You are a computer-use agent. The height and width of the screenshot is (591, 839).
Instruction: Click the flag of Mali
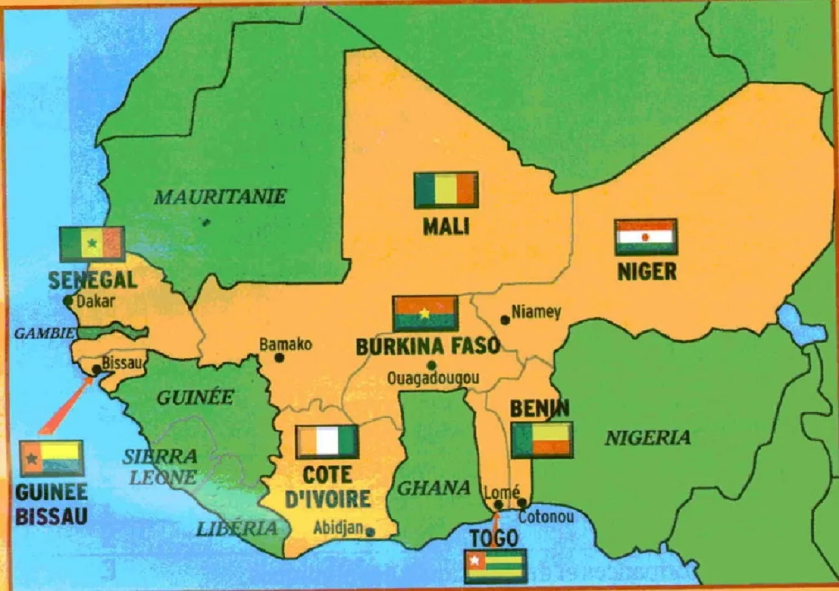[x=446, y=190]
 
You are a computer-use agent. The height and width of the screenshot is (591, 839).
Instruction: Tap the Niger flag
[x=645, y=237]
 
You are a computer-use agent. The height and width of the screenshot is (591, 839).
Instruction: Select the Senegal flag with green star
[x=92, y=244]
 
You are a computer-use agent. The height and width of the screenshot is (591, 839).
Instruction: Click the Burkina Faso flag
[x=425, y=314]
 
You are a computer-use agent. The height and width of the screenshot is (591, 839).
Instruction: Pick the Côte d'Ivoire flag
[x=327, y=442]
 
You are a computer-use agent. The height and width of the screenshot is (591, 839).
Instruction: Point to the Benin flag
[x=542, y=440]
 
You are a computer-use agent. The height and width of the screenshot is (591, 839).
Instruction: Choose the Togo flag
[x=495, y=566]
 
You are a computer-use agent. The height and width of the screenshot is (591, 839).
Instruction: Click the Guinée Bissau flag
[x=51, y=459]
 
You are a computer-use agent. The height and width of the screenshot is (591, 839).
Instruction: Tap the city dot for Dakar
[x=68, y=301]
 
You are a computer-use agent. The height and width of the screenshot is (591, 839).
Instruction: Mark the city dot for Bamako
[x=279, y=357]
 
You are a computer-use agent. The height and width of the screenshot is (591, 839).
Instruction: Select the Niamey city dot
[x=505, y=320]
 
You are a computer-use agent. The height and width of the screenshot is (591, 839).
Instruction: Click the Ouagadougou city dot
[x=431, y=365]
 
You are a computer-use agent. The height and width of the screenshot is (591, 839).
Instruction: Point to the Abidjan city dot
[x=370, y=532]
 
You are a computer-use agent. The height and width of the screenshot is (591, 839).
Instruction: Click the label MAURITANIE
[x=219, y=197]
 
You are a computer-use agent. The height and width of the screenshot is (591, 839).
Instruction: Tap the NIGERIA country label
[x=647, y=438]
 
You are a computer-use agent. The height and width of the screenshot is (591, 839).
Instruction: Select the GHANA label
[x=433, y=488]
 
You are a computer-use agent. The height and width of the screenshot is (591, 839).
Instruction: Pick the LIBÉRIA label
[x=237, y=529]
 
